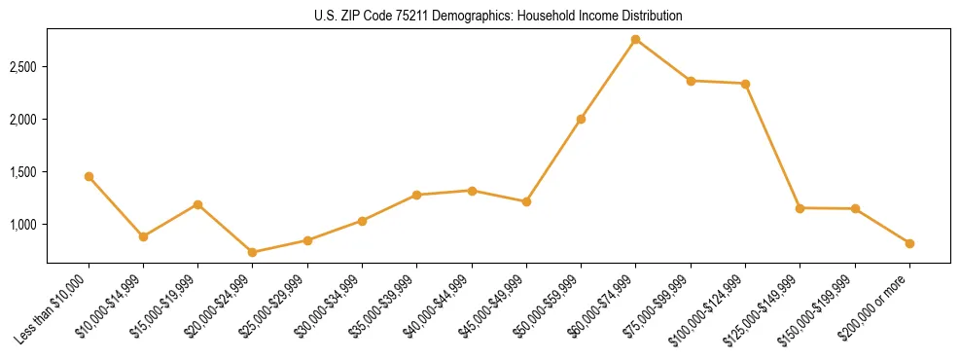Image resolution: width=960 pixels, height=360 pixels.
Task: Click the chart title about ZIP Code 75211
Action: tap(498, 17)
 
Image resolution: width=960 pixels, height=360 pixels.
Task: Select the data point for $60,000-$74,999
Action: tap(635, 40)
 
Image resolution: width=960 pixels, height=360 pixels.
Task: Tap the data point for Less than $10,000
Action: tap(89, 177)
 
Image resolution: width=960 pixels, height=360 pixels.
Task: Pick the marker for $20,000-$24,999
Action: tap(253, 252)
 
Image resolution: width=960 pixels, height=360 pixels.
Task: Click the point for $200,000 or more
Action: tap(909, 243)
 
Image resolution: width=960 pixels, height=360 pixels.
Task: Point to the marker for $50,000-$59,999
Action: tap(581, 119)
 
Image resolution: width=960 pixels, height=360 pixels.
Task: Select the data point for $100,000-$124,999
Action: tap(745, 84)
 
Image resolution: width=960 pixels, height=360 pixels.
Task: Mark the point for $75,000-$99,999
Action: tap(691, 81)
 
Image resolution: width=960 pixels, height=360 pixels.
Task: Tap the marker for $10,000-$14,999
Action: tap(143, 236)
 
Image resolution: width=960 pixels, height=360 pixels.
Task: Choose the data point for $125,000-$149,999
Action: tap(800, 208)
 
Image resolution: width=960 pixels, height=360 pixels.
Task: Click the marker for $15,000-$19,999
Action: tap(197, 204)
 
